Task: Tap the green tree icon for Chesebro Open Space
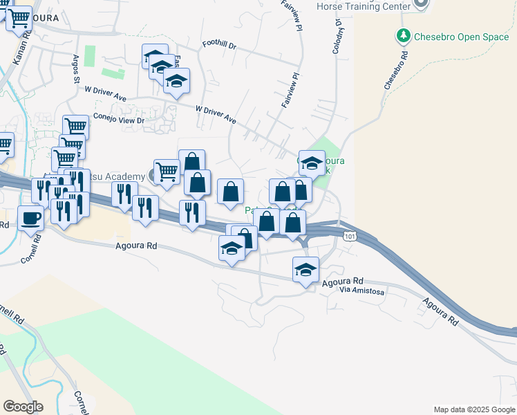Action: pyautogui.click(x=402, y=35)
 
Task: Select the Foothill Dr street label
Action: pyautogui.click(x=219, y=46)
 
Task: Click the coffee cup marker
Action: pyautogui.click(x=30, y=219)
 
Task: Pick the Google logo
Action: pyautogui.click(x=23, y=407)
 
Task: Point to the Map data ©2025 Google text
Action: pyautogui.click(x=474, y=409)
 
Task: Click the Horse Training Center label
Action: pyautogui.click(x=363, y=6)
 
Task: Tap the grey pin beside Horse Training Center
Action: pyautogui.click(x=422, y=6)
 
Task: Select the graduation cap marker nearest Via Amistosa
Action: pyautogui.click(x=305, y=269)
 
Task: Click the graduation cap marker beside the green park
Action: pyautogui.click(x=312, y=163)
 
